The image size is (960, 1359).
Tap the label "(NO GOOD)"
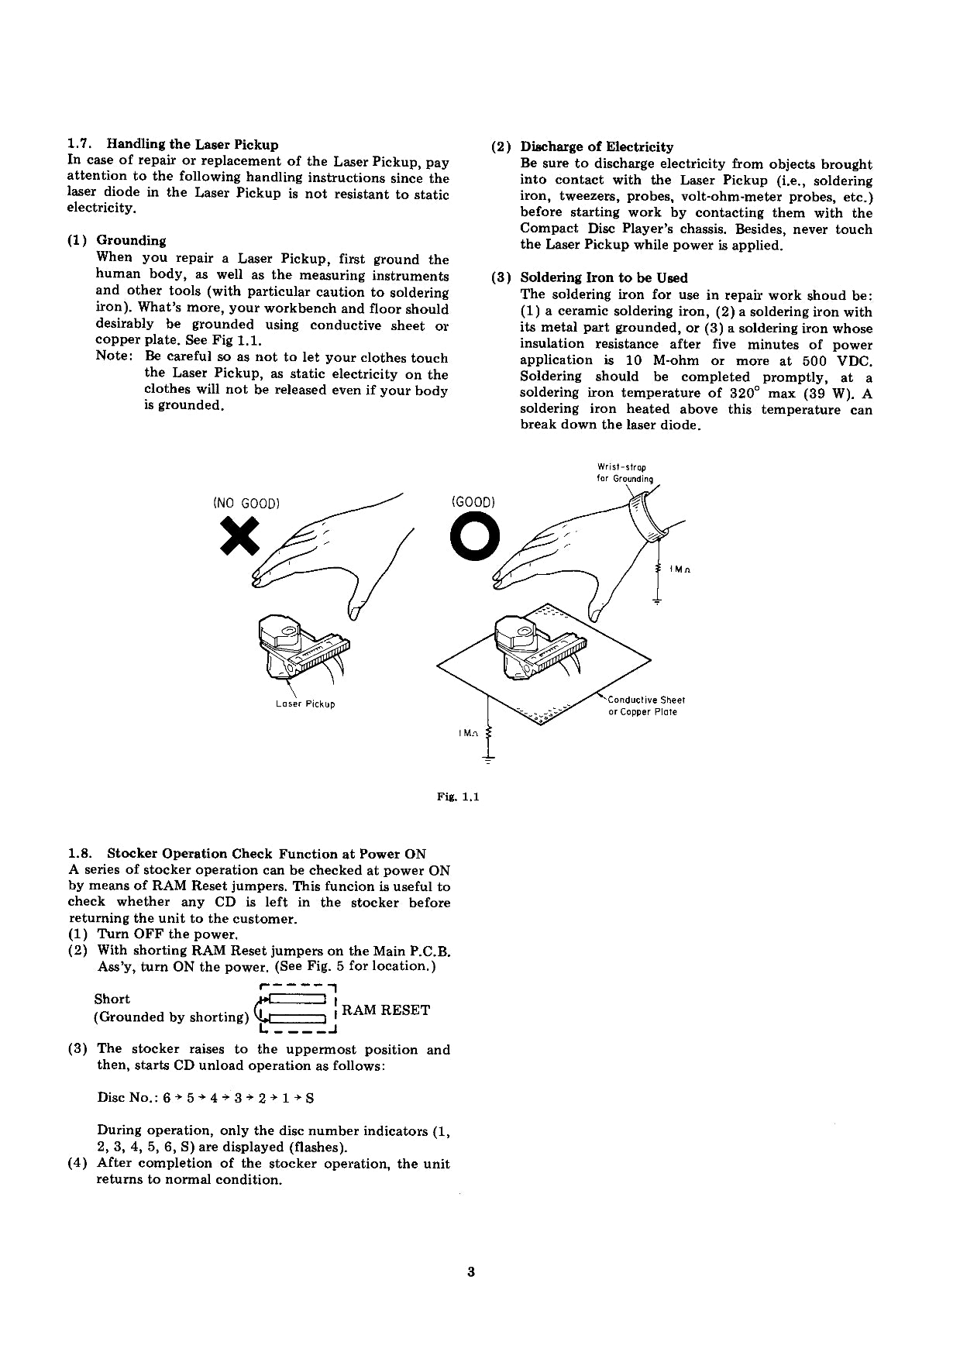pyautogui.click(x=246, y=503)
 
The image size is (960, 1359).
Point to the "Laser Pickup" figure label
pyautogui.click(x=305, y=704)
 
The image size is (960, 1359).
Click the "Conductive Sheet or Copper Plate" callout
pyautogui.click(x=642, y=706)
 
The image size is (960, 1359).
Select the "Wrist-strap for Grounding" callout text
pyautogui.click(x=625, y=473)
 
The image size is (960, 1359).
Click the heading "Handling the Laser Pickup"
pyautogui.click(x=192, y=144)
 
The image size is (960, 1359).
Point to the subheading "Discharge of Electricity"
pyautogui.click(x=597, y=146)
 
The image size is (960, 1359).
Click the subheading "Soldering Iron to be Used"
pyautogui.click(x=604, y=277)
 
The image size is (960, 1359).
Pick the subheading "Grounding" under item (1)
pyautogui.click(x=131, y=241)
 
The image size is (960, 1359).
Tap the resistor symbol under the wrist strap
pyautogui.click(x=658, y=569)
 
